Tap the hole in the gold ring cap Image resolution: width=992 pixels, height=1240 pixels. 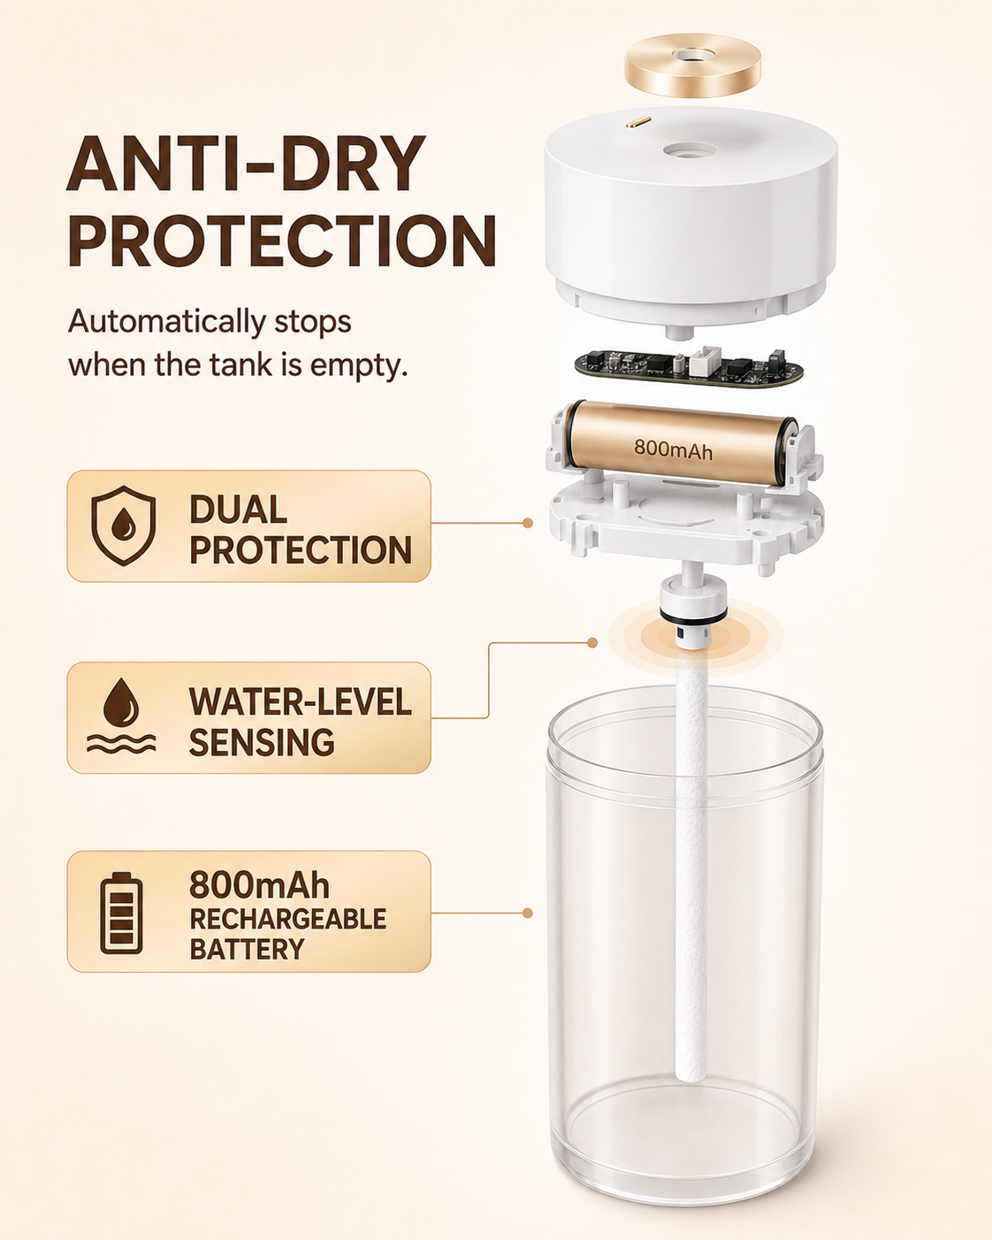click(x=693, y=56)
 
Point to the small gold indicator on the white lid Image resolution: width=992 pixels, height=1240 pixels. click(x=638, y=121)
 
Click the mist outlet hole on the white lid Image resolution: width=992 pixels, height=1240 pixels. click(x=691, y=150)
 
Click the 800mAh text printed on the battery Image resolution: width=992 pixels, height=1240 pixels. click(x=673, y=449)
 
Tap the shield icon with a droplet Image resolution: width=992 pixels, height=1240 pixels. click(x=123, y=525)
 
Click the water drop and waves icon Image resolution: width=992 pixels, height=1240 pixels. click(x=121, y=716)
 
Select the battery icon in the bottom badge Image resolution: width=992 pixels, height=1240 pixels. click(x=121, y=913)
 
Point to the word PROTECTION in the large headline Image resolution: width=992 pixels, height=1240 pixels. click(x=282, y=241)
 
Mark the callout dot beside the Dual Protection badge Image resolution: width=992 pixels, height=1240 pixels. click(x=527, y=523)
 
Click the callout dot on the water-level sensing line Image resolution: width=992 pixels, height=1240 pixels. click(x=592, y=642)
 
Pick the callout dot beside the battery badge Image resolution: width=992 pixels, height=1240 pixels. click(x=527, y=913)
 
